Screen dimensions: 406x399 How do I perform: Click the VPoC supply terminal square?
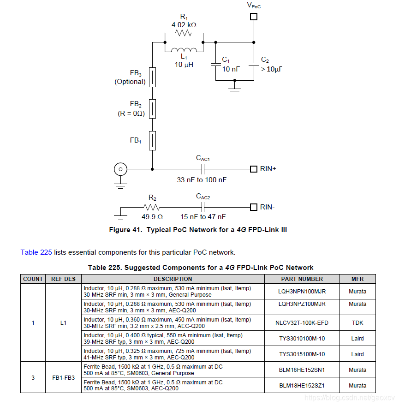click(253, 17)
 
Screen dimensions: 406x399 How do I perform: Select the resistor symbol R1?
click(184, 33)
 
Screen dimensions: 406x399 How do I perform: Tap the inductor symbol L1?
click(184, 50)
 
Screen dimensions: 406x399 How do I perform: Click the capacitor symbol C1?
click(215, 64)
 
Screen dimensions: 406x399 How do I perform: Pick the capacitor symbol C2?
click(253, 64)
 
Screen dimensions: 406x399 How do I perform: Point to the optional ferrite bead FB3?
click(152, 77)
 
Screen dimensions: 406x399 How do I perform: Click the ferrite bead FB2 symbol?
click(152, 109)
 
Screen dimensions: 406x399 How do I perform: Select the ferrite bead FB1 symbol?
click(152, 140)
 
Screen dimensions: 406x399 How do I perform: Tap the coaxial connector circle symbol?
click(120, 169)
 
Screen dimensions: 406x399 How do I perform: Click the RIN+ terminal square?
click(253, 169)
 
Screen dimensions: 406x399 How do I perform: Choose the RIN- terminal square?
click(253, 207)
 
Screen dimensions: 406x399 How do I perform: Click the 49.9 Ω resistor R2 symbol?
click(152, 207)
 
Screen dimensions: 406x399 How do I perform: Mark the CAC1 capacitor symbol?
click(202, 169)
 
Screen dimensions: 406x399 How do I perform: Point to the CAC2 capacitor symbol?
click(202, 207)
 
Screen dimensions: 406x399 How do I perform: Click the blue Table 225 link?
click(36, 252)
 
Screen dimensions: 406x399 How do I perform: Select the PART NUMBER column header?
click(302, 279)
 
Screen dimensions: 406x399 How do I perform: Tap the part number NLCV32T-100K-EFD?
click(302, 323)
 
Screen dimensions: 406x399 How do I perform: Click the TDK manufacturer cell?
click(357, 323)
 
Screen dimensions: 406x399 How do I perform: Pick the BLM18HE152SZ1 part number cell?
click(302, 385)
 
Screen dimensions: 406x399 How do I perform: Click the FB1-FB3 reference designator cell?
click(64, 377)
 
